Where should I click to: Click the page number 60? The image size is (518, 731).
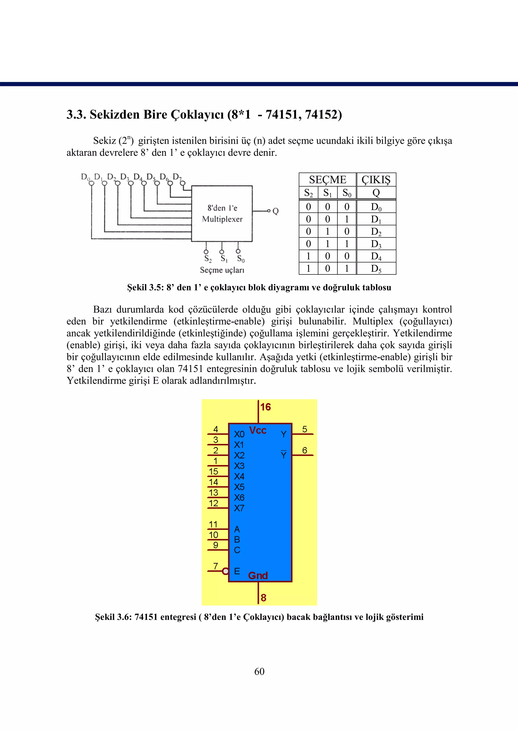(x=259, y=671)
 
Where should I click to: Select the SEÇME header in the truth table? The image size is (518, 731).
(x=327, y=180)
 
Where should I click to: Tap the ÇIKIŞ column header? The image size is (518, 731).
(x=376, y=180)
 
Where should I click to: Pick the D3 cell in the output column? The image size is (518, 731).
(x=376, y=244)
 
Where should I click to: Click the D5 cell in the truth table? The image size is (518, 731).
(x=376, y=269)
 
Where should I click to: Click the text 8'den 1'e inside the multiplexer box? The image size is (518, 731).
(x=222, y=208)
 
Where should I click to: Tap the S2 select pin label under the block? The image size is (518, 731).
(x=208, y=259)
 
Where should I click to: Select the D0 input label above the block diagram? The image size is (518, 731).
(x=85, y=177)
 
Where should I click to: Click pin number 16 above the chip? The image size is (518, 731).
(x=265, y=407)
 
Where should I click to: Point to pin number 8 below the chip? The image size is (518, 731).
(x=264, y=598)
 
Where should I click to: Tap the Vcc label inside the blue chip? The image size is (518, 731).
(x=257, y=430)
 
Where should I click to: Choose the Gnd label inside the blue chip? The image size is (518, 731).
(x=258, y=576)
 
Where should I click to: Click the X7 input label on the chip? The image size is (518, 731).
(x=239, y=508)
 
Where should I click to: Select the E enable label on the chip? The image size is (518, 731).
(x=237, y=571)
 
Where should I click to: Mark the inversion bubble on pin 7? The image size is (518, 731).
(x=226, y=571)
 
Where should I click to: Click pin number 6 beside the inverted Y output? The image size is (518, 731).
(x=305, y=450)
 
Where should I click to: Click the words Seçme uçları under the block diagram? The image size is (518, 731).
(x=222, y=270)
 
